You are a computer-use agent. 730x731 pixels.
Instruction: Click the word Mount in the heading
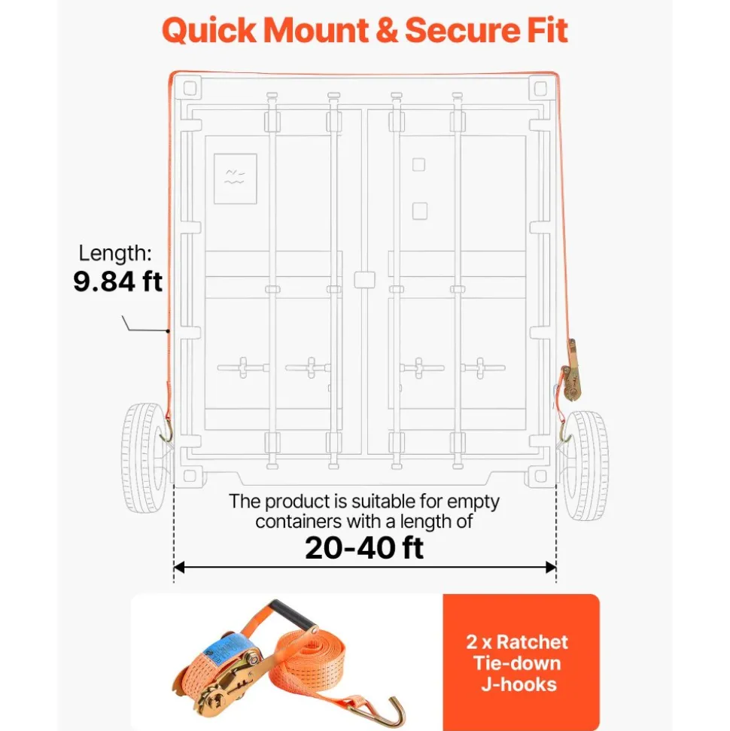click(x=315, y=30)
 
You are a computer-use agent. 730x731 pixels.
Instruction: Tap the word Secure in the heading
click(x=464, y=30)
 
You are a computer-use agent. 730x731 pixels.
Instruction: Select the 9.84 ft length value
click(x=118, y=281)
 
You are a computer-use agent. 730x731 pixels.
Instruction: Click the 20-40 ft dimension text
click(x=364, y=547)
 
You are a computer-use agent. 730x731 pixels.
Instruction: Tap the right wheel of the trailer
click(x=585, y=465)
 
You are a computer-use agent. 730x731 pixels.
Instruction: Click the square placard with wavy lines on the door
click(x=235, y=178)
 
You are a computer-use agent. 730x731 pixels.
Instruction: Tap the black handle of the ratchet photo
click(x=294, y=614)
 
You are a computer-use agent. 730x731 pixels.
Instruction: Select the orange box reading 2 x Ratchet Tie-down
click(x=521, y=662)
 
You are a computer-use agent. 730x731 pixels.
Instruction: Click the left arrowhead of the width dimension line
click(x=178, y=568)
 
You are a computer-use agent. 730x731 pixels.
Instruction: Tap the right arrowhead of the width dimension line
click(x=552, y=568)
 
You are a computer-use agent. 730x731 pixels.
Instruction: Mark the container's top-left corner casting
click(x=189, y=87)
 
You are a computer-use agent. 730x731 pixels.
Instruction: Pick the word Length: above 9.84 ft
click(x=115, y=253)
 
